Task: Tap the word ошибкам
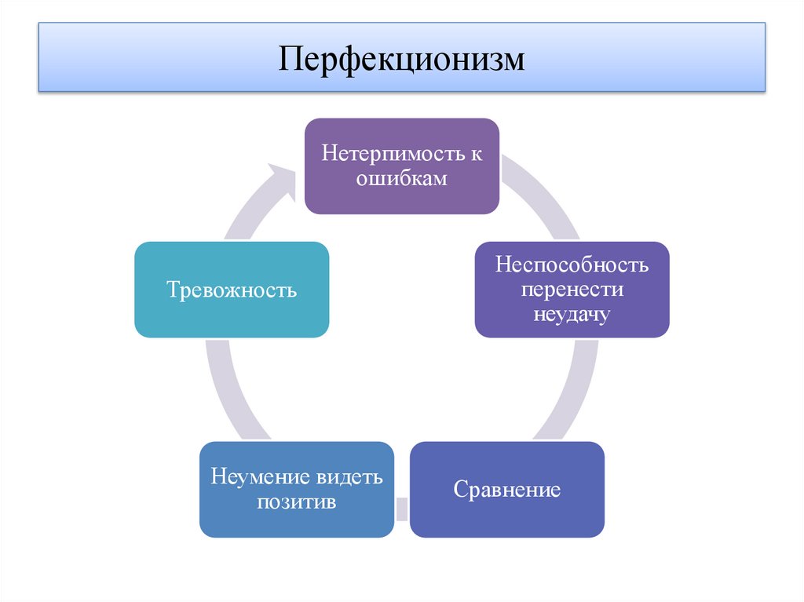tap(401, 178)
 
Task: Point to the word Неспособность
tap(572, 265)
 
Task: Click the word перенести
tap(572, 289)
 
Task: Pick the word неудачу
tap(572, 314)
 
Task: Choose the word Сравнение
tap(506, 491)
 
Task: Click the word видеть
tap(350, 476)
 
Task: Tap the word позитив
tap(296, 502)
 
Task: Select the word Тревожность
tap(232, 290)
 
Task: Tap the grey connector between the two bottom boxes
tap(401, 509)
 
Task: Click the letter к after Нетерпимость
tap(476, 154)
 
